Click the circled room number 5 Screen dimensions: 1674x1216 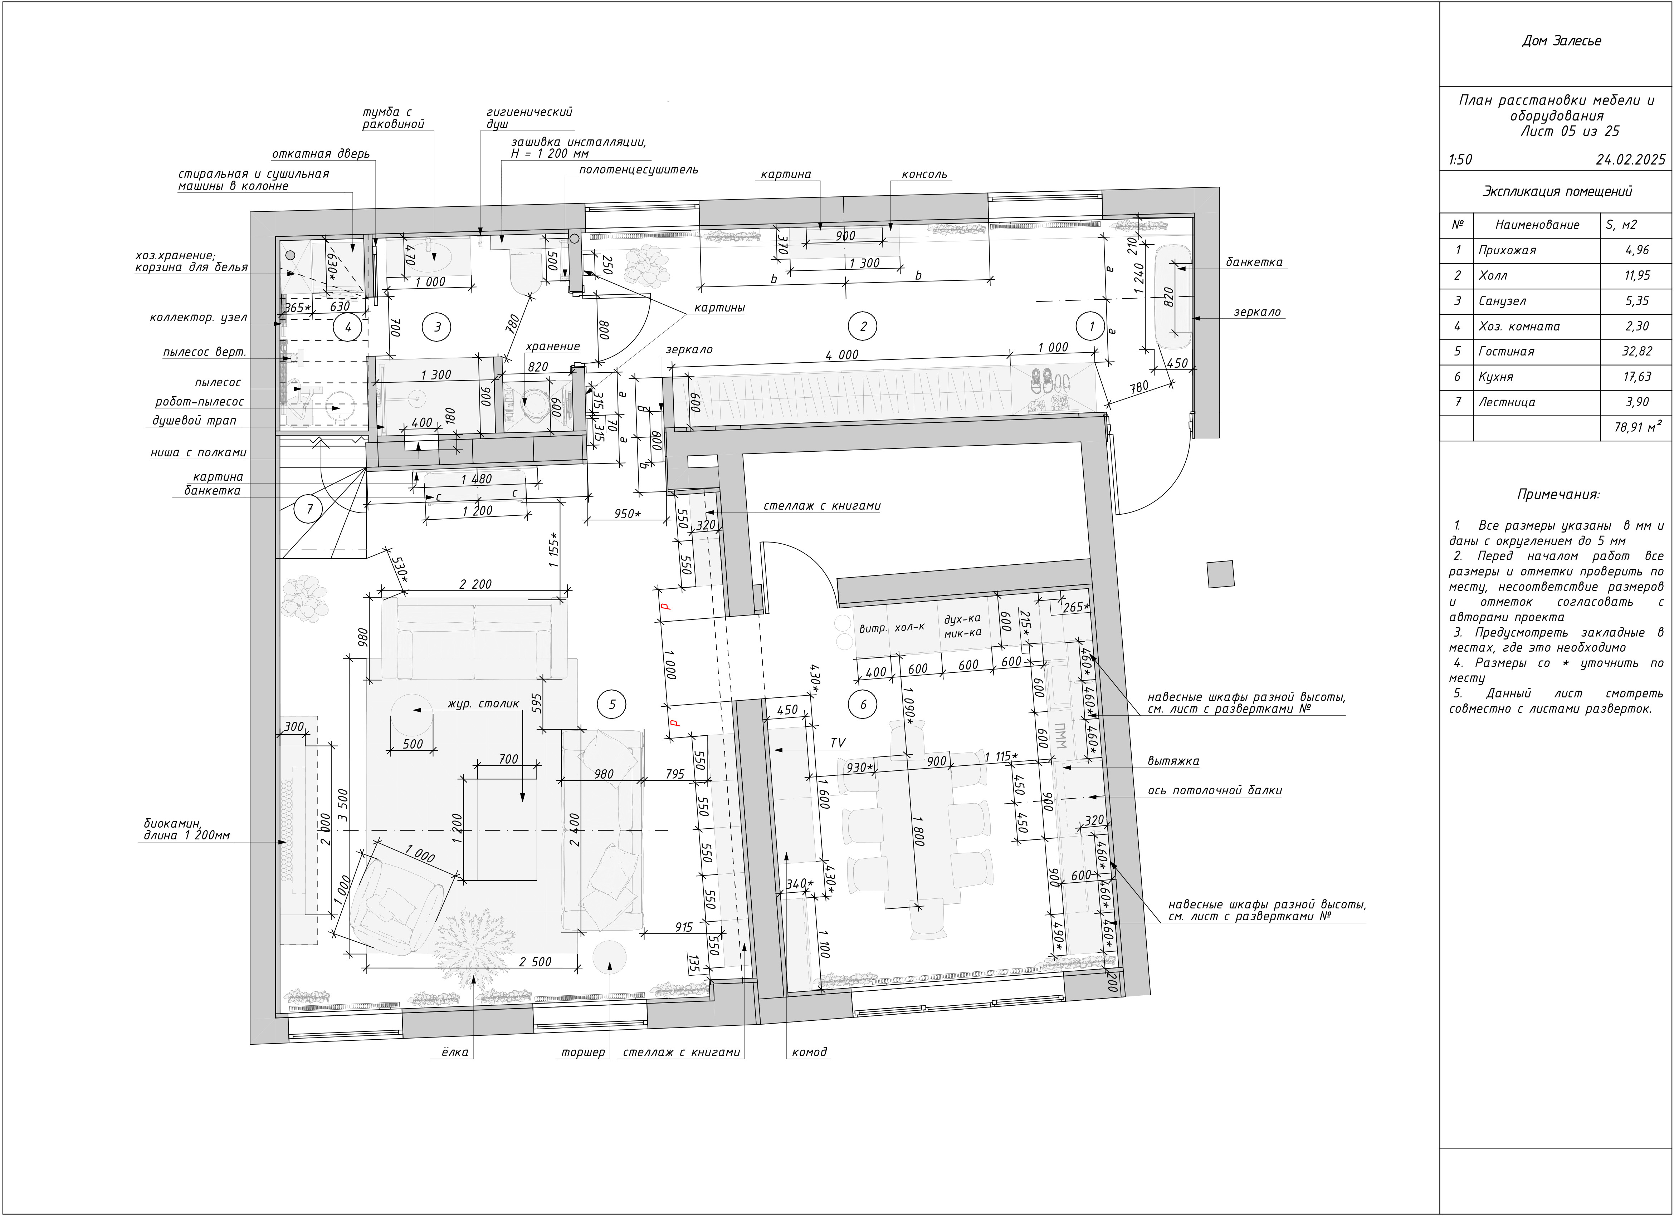point(612,704)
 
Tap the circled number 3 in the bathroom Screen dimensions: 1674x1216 point(438,326)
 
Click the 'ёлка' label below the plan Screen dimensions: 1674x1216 point(455,1052)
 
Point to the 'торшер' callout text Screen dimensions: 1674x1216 point(583,1052)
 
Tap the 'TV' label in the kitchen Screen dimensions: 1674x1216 point(838,743)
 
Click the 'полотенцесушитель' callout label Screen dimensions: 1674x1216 point(639,170)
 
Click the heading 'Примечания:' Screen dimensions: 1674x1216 point(1558,494)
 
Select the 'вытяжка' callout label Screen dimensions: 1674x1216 point(1173,761)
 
